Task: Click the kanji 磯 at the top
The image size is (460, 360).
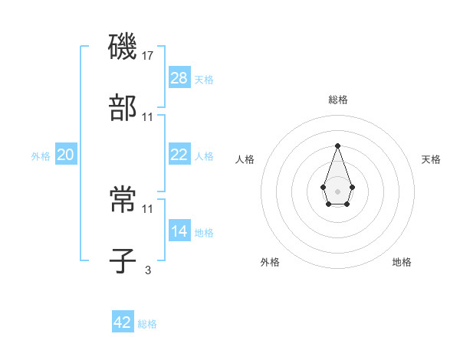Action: click(123, 47)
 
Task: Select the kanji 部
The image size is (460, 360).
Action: click(123, 108)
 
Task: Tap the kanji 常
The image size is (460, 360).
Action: click(123, 200)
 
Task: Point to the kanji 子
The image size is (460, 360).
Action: click(123, 261)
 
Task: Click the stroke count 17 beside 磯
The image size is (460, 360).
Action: click(148, 55)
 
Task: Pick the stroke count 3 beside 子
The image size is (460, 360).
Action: click(147, 270)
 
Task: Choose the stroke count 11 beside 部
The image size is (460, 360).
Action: click(148, 116)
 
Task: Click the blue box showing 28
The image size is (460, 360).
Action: click(179, 78)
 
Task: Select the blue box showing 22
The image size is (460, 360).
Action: click(179, 155)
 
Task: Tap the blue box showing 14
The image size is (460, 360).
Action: click(179, 231)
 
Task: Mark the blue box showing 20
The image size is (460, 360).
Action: click(66, 155)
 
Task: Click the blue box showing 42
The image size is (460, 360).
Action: click(123, 322)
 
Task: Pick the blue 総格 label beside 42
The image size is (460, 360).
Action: click(147, 324)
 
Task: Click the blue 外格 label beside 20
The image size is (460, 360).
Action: click(41, 156)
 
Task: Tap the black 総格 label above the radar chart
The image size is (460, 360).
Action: click(337, 100)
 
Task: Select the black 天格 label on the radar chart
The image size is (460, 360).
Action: click(432, 159)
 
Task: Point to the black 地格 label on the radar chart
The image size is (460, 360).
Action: click(402, 262)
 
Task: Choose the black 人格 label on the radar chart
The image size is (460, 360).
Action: click(245, 159)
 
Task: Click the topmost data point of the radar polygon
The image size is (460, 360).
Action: click(337, 146)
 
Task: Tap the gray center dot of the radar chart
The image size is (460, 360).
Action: click(337, 190)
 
